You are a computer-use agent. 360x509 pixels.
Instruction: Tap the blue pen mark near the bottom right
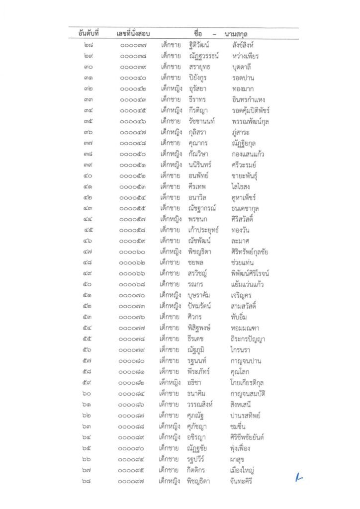298,478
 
